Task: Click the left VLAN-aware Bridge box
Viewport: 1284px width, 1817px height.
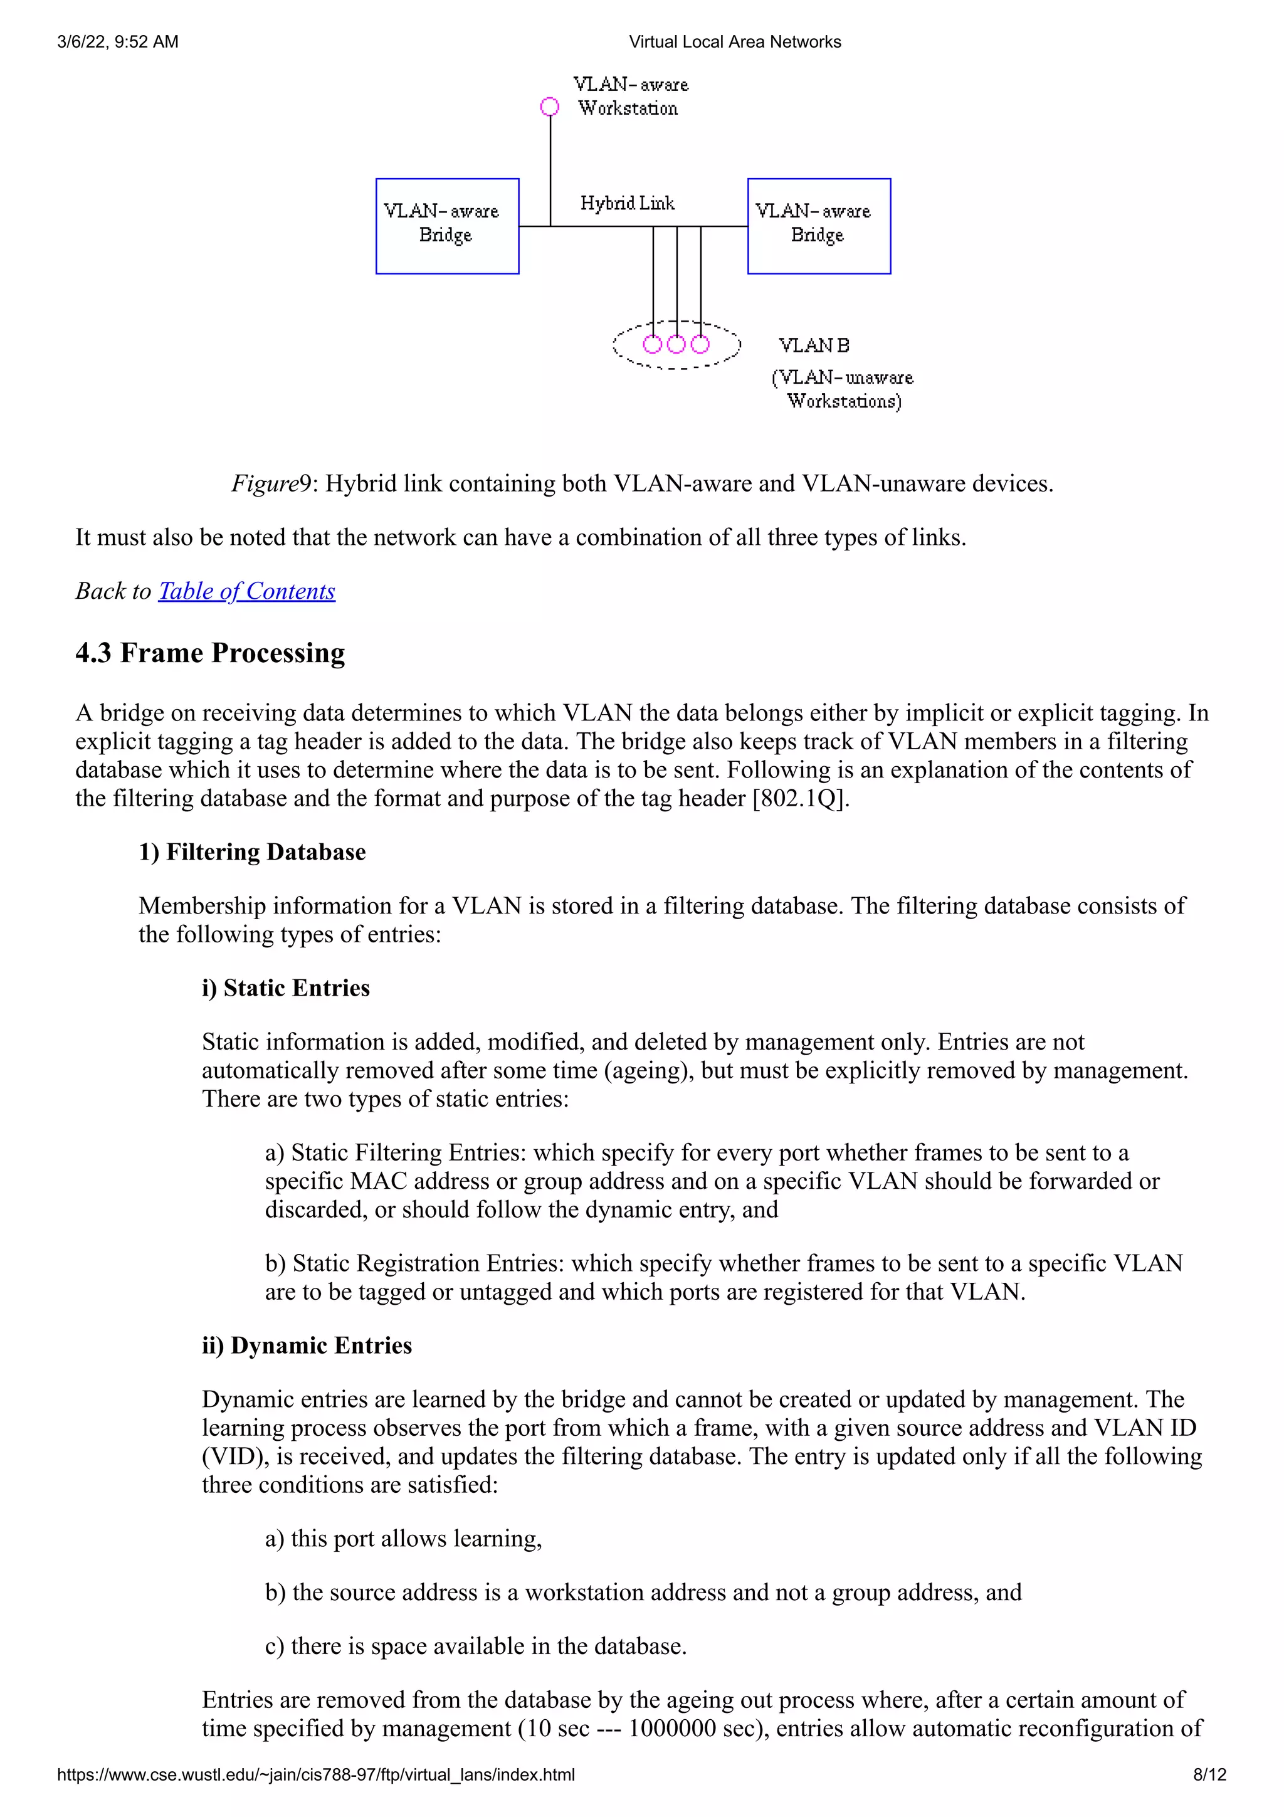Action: coord(447,226)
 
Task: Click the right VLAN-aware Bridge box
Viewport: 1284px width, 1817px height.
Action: coord(819,226)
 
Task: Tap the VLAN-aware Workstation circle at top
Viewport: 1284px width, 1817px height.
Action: coord(550,107)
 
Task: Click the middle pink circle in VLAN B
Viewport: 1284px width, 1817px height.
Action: coord(676,344)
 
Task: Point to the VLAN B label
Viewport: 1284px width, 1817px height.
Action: coord(814,346)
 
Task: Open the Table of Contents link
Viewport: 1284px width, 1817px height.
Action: coord(247,591)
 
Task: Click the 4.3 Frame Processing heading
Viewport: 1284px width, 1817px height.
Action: coord(211,653)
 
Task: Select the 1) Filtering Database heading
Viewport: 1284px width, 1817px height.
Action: coord(253,852)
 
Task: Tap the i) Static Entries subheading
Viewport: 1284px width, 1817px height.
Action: coord(286,988)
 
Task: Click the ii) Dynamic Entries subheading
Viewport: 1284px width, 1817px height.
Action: coord(307,1346)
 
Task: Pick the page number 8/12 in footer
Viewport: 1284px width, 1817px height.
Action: coord(1209,1774)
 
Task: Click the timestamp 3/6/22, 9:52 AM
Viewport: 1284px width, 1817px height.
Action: coord(118,42)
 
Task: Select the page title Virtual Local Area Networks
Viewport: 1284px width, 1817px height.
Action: coord(735,42)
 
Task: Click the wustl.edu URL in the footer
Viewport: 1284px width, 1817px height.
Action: coord(315,1774)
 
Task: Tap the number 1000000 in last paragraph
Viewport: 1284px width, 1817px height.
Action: coord(671,1729)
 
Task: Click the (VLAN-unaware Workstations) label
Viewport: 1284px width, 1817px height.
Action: coord(843,389)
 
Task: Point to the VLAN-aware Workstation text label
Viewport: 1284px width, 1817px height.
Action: coord(631,97)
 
